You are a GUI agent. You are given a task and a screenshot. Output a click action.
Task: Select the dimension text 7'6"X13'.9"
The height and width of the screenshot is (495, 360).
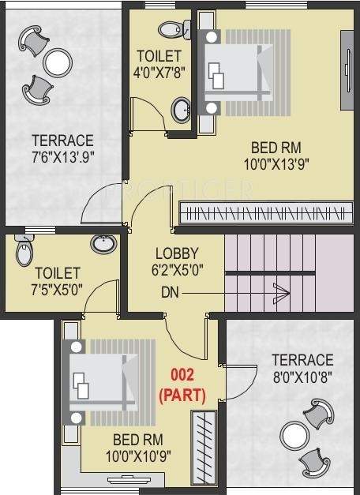click(x=63, y=155)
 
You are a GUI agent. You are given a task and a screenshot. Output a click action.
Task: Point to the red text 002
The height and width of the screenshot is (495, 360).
click(x=182, y=376)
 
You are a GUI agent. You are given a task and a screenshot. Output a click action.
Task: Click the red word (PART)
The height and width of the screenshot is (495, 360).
click(x=182, y=393)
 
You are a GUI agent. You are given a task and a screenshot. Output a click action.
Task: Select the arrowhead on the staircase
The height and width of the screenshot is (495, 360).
click(x=282, y=292)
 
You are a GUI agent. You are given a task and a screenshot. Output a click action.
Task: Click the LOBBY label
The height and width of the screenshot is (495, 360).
click(x=176, y=253)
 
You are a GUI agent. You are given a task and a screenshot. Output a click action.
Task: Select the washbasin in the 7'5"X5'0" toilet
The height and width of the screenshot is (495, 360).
click(x=103, y=243)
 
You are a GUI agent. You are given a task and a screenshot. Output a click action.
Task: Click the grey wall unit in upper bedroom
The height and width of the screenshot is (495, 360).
click(x=346, y=71)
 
